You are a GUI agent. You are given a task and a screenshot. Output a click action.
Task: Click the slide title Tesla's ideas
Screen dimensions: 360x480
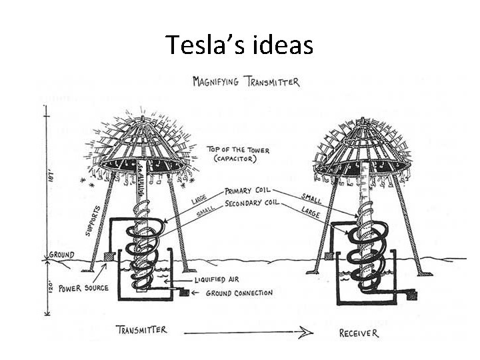[239, 45]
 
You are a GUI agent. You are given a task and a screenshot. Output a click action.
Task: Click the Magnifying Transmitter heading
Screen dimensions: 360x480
[246, 82]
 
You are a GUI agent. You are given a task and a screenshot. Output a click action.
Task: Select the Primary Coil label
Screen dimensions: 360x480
[248, 190]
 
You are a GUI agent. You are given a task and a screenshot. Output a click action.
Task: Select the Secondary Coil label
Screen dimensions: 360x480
[252, 203]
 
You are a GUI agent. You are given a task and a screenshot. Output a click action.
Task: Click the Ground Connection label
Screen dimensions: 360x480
[239, 293]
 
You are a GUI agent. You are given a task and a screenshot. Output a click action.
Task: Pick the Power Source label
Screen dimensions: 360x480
[82, 289]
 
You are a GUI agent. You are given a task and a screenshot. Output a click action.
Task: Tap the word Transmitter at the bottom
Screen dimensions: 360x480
[141, 330]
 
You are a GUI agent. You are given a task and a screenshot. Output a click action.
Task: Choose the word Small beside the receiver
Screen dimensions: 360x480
[311, 198]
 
